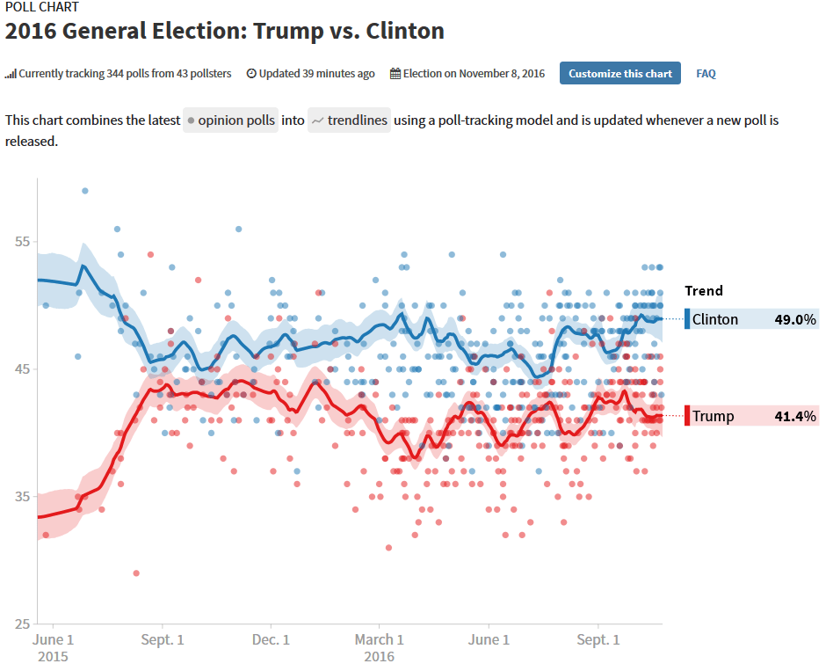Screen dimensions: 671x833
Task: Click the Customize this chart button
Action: pyautogui.click(x=620, y=73)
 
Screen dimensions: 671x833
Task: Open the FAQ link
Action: pyautogui.click(x=706, y=74)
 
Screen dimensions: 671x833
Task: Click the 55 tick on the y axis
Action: pyautogui.click(x=22, y=242)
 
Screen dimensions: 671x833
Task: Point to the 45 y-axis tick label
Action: pyautogui.click(x=22, y=369)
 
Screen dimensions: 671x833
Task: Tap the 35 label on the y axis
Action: pyautogui.click(x=22, y=497)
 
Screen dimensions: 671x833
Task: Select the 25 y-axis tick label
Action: pyautogui.click(x=22, y=624)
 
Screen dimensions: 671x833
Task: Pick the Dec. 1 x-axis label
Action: pyautogui.click(x=271, y=640)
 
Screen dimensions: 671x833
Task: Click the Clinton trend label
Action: pyautogui.click(x=715, y=319)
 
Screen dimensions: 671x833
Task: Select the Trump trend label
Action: pyautogui.click(x=713, y=416)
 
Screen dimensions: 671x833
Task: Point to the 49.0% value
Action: pyautogui.click(x=795, y=319)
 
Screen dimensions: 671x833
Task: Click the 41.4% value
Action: pyautogui.click(x=795, y=416)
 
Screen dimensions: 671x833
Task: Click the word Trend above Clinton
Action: pyautogui.click(x=704, y=291)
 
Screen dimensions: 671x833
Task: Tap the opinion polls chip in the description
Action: pyautogui.click(x=230, y=120)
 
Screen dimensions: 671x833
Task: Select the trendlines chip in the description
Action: pyautogui.click(x=349, y=120)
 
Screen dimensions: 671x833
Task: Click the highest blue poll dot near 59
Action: pyautogui.click(x=84, y=190)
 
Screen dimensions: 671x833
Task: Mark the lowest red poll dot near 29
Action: pyautogui.click(x=136, y=573)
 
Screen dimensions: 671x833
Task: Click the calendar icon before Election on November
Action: pyautogui.click(x=395, y=74)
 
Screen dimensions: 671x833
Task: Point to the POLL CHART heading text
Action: pyautogui.click(x=41, y=7)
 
